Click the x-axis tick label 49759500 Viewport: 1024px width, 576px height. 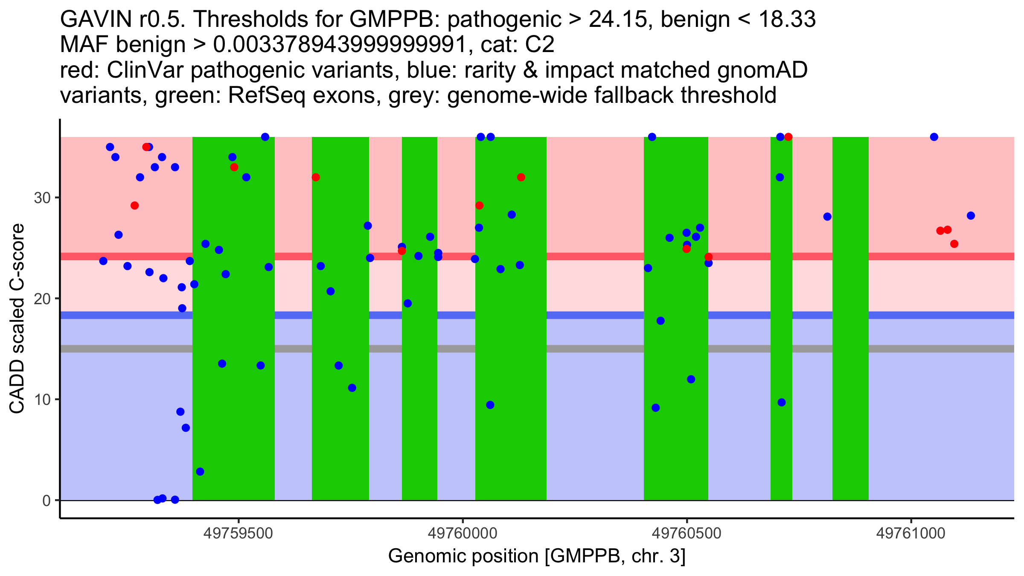[238, 533]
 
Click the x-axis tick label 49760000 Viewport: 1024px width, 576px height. [463, 533]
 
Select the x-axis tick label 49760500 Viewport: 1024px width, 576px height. [687, 533]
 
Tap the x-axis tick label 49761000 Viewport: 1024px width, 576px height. [911, 533]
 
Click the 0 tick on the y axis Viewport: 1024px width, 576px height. [47, 500]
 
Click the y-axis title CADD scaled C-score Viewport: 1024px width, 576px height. [17, 319]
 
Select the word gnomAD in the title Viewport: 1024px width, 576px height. [762, 70]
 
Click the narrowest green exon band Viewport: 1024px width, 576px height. [781, 318]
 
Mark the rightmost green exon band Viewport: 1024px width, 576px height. [850, 318]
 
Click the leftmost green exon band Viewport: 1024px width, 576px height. [233, 318]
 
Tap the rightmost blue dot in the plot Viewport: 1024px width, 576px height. [971, 215]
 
